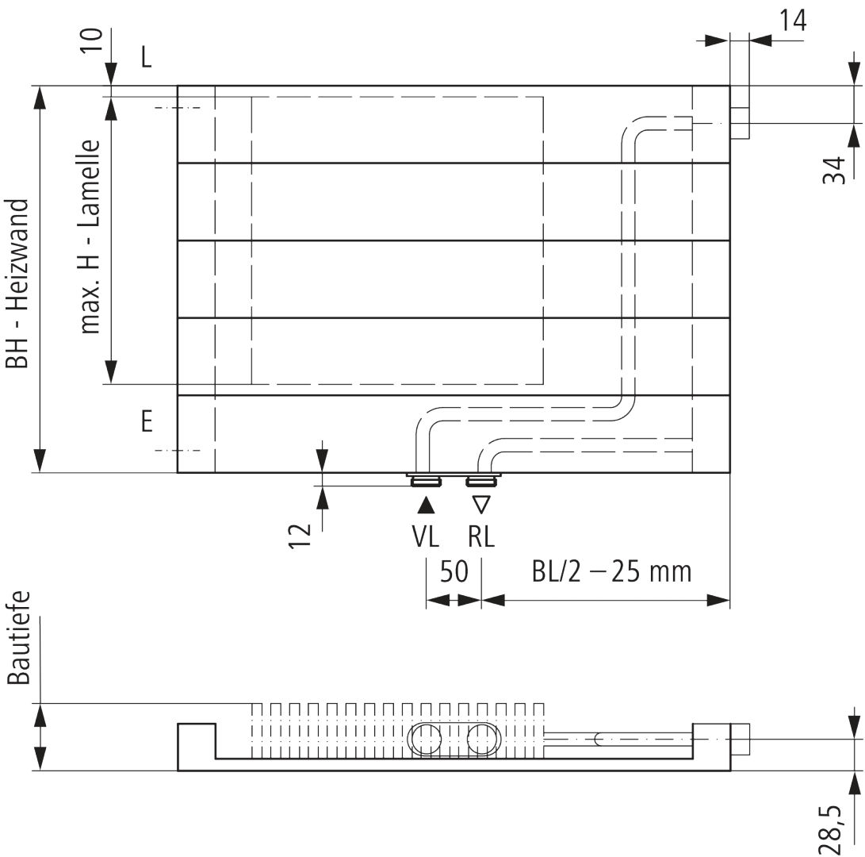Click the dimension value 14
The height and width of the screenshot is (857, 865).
click(x=793, y=21)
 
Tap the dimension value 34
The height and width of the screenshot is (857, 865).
click(x=835, y=170)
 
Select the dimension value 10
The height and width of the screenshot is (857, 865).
click(x=92, y=40)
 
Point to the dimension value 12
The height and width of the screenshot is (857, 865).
click(x=300, y=536)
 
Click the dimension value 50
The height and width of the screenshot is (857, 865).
click(x=454, y=571)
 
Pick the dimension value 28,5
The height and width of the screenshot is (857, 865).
click(x=833, y=830)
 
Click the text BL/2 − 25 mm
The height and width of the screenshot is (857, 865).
click(x=611, y=571)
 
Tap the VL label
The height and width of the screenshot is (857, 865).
click(x=425, y=536)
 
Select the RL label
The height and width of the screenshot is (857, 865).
click(x=481, y=536)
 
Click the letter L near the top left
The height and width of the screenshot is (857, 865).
click(x=146, y=56)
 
